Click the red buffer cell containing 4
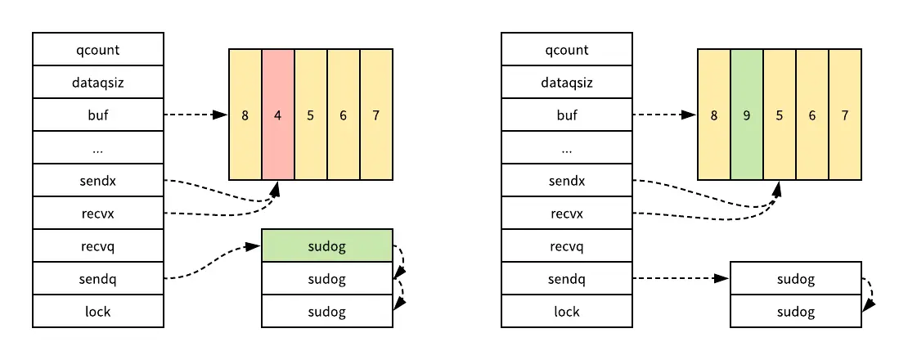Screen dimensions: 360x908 [278, 115]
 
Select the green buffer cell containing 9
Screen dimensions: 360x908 [746, 115]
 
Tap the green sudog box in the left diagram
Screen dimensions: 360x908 [327, 245]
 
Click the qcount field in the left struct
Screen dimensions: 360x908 [97, 49]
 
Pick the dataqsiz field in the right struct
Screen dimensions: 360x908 [566, 82]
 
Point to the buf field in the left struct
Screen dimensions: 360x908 [97, 115]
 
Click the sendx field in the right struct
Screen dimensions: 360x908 [566, 180]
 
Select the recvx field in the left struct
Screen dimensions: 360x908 [97, 213]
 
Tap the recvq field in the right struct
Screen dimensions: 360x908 [566, 245]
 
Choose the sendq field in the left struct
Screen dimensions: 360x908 [97, 278]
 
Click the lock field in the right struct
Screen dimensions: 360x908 [566, 311]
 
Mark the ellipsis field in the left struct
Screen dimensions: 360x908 [97, 147]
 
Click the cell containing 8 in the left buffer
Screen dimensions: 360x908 [245, 115]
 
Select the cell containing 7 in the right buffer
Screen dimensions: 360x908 [844, 115]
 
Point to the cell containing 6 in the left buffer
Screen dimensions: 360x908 [344, 115]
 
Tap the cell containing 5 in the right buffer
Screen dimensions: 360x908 [779, 115]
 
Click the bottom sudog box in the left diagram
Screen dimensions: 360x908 [327, 311]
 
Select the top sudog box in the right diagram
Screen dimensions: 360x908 [795, 278]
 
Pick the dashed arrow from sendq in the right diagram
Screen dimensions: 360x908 [679, 278]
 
